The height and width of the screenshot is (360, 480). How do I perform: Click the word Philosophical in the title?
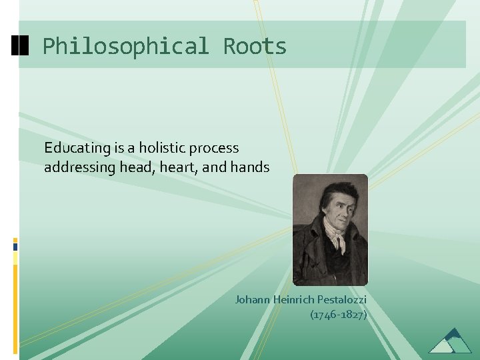[x=125, y=47]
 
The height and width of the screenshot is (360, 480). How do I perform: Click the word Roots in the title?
[x=255, y=47]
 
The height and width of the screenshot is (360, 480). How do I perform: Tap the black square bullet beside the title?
[x=21, y=46]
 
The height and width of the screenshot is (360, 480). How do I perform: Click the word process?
[x=215, y=149]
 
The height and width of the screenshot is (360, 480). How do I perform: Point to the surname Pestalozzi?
[x=342, y=299]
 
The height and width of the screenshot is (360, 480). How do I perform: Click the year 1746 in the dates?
[x=324, y=314]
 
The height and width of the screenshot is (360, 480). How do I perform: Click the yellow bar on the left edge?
[x=15, y=267]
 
